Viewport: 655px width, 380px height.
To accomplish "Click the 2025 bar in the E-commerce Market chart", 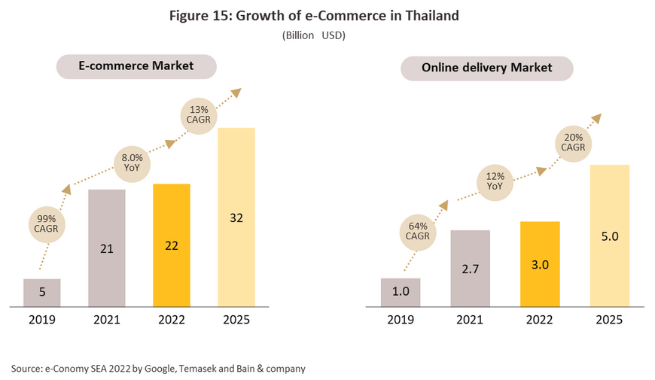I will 236,217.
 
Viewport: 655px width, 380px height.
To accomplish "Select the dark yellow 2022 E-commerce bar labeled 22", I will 171,245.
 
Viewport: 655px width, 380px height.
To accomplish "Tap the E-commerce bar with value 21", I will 107,248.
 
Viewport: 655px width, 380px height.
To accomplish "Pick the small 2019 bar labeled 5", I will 42,293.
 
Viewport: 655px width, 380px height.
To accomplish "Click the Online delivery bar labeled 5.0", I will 610,236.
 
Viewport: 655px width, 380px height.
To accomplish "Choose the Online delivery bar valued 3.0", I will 540,264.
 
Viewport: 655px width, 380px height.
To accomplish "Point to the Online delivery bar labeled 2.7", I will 470,268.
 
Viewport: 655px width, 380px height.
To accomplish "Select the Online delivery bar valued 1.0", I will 400,292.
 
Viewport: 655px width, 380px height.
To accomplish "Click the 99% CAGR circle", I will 47,223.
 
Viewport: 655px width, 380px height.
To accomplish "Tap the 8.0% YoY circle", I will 131,163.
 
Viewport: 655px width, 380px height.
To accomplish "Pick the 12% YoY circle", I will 495,181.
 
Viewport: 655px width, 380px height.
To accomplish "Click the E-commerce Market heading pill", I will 136,66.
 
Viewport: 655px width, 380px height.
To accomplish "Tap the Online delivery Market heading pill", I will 486,68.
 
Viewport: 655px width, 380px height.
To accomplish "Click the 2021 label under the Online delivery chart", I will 470,319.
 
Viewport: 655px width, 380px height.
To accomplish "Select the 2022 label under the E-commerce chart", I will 171,319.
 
